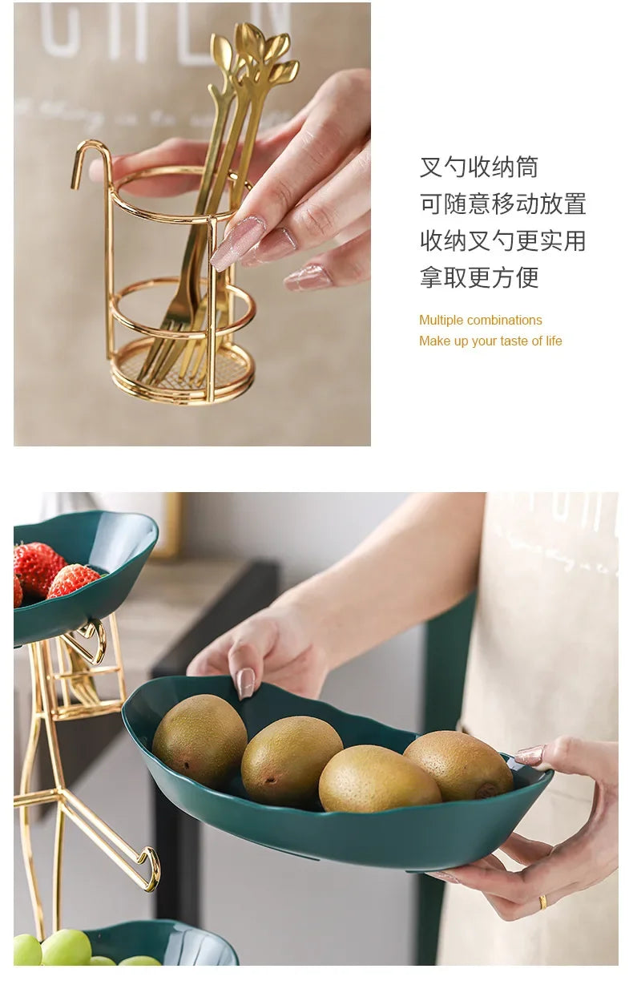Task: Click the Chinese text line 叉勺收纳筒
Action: click(x=478, y=167)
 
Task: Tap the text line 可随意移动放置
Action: click(x=502, y=204)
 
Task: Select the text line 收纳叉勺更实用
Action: click(x=502, y=240)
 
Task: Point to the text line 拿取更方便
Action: click(x=478, y=277)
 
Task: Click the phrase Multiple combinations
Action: click(x=480, y=321)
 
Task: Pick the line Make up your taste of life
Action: click(x=490, y=341)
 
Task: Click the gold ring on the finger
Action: click(x=542, y=901)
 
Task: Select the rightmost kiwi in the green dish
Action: click(x=458, y=765)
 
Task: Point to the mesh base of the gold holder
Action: click(x=183, y=369)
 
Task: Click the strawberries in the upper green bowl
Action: click(x=48, y=573)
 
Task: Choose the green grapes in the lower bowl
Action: click(x=64, y=948)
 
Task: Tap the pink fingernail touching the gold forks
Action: click(x=237, y=243)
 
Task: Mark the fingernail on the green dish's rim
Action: click(x=246, y=682)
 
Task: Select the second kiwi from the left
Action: click(x=291, y=761)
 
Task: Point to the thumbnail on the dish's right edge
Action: click(x=530, y=755)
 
